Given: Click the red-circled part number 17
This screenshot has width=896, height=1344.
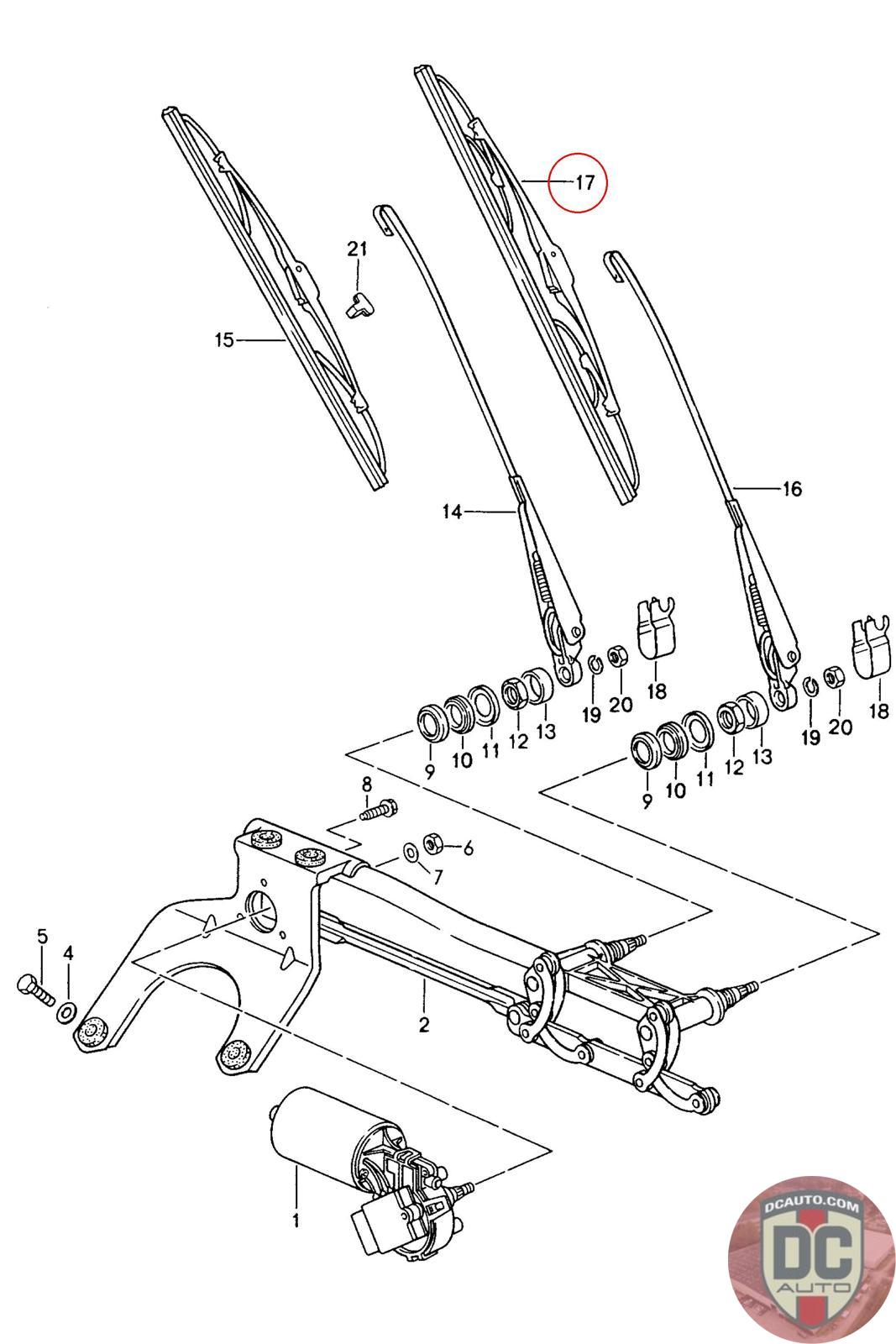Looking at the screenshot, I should pos(584,182).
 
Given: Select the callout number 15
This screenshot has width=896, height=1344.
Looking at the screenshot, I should pos(223,339).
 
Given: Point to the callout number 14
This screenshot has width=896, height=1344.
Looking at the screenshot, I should pos(453,511).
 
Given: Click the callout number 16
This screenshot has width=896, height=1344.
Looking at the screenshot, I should pos(791,489).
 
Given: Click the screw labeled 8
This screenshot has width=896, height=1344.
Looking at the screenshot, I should pos(379,811).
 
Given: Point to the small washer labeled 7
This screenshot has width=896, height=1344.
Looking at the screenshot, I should pos(410,853).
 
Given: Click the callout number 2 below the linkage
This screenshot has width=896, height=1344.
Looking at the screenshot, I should pos(424,1025).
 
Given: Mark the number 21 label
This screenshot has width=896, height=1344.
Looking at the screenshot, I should pos(358,249).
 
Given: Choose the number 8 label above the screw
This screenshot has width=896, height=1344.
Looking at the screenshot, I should pos(366,785).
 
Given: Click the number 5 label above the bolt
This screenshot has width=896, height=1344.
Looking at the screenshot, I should pos(42,936).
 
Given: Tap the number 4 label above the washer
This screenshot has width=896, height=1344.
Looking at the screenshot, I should pos(69,953).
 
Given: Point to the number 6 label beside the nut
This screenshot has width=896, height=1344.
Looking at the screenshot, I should pos(469,848).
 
